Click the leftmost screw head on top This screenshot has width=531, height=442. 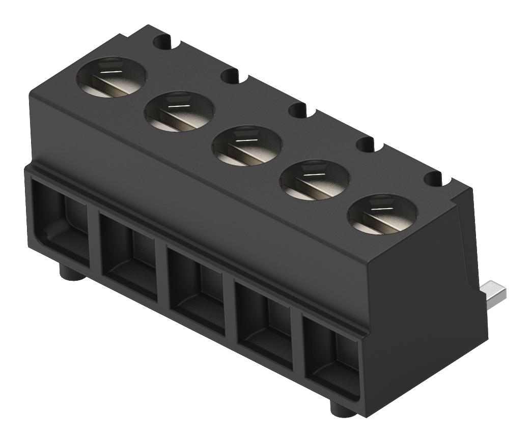(111, 76)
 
